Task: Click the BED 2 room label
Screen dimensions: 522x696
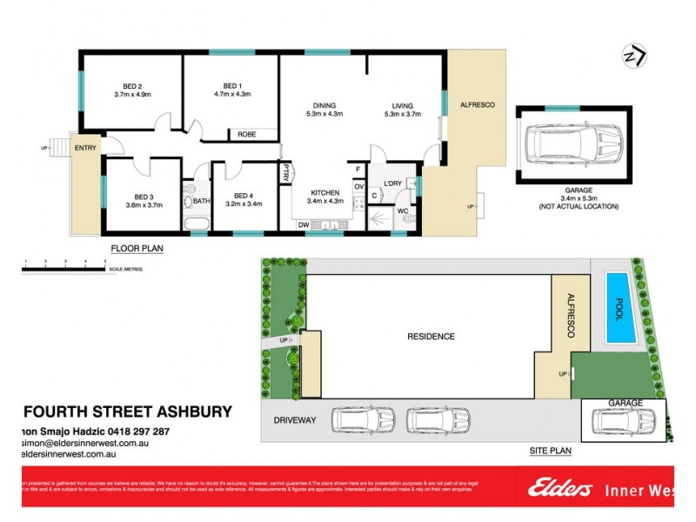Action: (x=132, y=86)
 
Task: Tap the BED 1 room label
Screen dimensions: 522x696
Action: (x=231, y=86)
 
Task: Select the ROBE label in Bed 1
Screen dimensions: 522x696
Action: (x=245, y=135)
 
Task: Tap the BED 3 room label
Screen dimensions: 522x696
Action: (x=144, y=197)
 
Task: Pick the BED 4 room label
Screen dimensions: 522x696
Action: (x=244, y=197)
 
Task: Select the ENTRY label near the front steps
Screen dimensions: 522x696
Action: (x=85, y=148)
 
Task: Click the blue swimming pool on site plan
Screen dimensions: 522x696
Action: (x=618, y=308)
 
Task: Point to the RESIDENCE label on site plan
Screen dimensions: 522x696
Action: (x=432, y=336)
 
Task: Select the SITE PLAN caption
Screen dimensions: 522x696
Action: (x=550, y=452)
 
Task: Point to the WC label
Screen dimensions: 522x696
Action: (x=403, y=210)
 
